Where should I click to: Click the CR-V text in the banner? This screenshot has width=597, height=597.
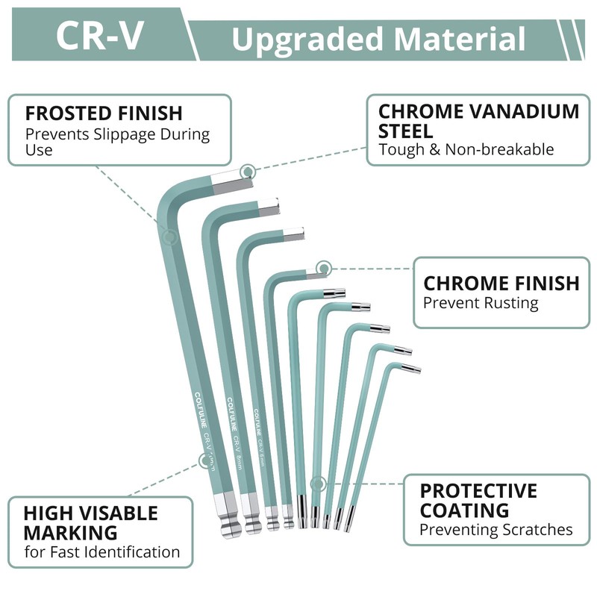tap(99, 36)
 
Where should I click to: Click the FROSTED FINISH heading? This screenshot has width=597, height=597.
tap(104, 113)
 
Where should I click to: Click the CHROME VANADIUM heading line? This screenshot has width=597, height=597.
tap(478, 112)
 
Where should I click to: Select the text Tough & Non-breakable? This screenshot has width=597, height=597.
tap(466, 149)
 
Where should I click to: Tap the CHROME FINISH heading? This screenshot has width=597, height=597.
tap(501, 284)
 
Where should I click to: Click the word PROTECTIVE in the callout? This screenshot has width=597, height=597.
tap(478, 491)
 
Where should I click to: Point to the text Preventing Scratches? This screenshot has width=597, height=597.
tap(496, 530)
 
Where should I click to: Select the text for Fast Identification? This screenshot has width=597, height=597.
tap(101, 552)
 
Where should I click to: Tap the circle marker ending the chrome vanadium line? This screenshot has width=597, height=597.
tap(249, 172)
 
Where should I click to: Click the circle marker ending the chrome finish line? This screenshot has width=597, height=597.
tap(323, 267)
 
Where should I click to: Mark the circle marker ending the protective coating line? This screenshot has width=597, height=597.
tap(318, 484)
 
